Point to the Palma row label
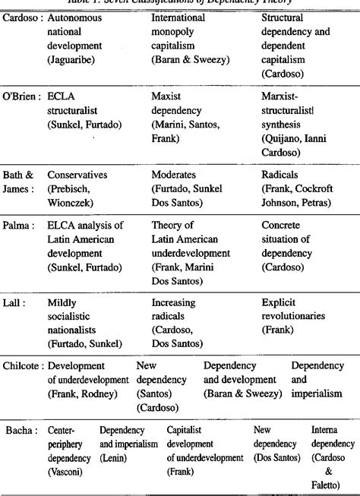click(21, 225)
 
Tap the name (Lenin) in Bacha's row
click(115, 457)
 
